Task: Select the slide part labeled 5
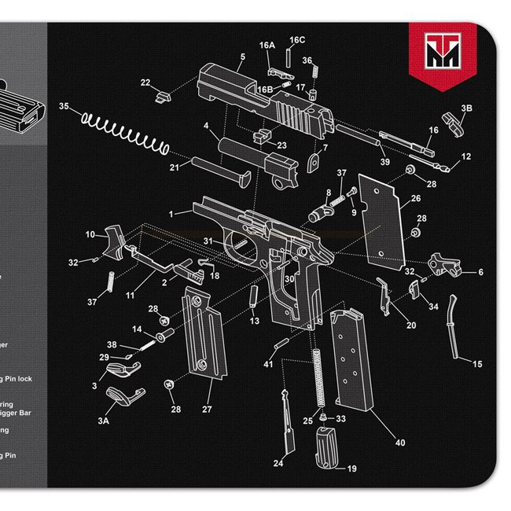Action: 259,99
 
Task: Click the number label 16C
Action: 297,39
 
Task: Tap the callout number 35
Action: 64,106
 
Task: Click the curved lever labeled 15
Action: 454,326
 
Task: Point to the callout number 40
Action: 400,443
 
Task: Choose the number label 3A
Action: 103,421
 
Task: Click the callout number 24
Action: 278,463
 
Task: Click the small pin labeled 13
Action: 253,295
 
